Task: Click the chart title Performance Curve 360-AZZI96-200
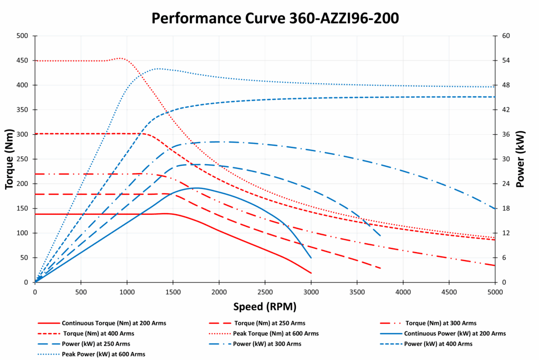[x=275, y=18]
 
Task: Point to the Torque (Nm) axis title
[x=9, y=159]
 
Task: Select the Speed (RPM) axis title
[x=265, y=306]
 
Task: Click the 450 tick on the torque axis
[x=22, y=61]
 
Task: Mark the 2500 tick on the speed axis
[x=265, y=291]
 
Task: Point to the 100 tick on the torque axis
[x=22, y=233]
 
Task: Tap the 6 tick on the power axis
[x=502, y=258]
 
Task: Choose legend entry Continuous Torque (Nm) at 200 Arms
[x=100, y=323]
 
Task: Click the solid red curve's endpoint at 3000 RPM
[x=311, y=273]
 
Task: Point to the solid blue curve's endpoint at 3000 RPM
[x=311, y=258]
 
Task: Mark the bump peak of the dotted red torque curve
[x=120, y=58]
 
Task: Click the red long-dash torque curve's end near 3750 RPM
[x=380, y=268]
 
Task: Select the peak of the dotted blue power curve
[x=158, y=68]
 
